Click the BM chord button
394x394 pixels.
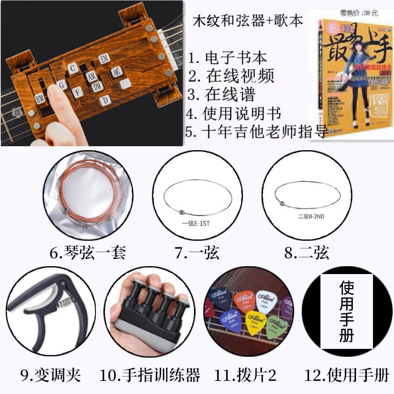[40, 99]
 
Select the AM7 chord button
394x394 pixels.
[116, 73]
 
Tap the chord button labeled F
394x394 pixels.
[77, 92]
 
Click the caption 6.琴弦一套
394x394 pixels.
[88, 253]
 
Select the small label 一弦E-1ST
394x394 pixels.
[196, 223]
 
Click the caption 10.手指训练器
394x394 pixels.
[150, 375]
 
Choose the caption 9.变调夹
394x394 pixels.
[50, 375]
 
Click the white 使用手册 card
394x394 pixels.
[346, 311]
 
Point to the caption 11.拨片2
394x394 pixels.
[245, 375]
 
